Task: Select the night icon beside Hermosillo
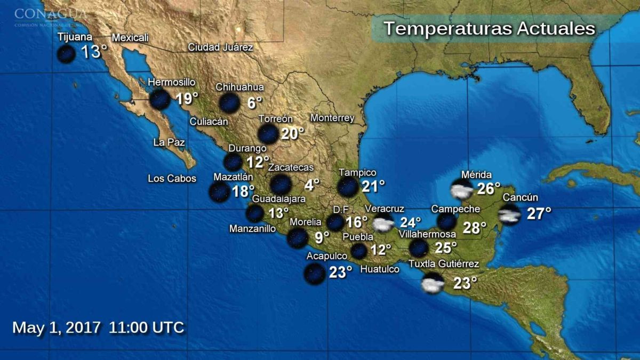point(159,100)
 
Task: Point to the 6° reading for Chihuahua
point(255,103)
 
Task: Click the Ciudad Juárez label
point(220,47)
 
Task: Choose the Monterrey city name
point(332,118)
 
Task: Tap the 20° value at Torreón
point(292,133)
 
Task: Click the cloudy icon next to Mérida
point(462,189)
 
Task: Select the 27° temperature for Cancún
point(539,214)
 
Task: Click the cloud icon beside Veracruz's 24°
point(383,223)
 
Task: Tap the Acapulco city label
point(327,256)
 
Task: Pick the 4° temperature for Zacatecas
point(312,185)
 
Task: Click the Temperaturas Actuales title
point(489,28)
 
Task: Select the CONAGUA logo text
point(50,13)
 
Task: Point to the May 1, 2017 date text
point(56,327)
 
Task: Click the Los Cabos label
point(172,179)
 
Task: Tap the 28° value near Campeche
point(474,228)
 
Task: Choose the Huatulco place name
point(380,269)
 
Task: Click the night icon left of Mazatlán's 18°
point(219,193)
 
